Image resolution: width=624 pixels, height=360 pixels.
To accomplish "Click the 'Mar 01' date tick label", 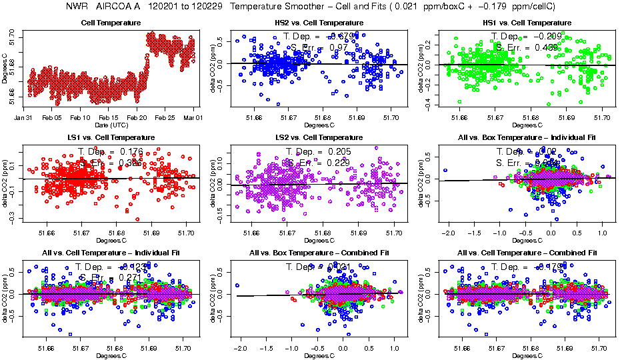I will click(193, 117).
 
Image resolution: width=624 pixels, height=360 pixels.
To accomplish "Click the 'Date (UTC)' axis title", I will click(111, 125).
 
